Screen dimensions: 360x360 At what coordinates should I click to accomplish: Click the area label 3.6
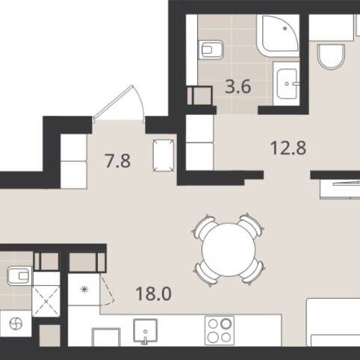tap(238, 87)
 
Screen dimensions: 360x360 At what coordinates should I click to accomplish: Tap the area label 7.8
tap(117, 161)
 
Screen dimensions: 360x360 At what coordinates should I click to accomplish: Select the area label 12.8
tap(288, 148)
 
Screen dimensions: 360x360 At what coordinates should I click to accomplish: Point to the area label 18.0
tap(154, 294)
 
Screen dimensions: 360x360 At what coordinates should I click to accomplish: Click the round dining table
tap(229, 249)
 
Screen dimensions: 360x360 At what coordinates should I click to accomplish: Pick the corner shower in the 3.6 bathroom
tap(278, 36)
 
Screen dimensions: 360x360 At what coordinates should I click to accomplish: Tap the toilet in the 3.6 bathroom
tap(211, 50)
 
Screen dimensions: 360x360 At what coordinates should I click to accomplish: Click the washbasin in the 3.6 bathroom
tap(286, 84)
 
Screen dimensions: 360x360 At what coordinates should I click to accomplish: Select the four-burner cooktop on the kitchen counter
tap(220, 330)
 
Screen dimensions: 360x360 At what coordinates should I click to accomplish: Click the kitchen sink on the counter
tap(145, 331)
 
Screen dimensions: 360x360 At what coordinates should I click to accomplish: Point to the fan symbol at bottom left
tap(16, 324)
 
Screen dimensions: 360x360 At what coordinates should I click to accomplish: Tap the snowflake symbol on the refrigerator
tap(84, 289)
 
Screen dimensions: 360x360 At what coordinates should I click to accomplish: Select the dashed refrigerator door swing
tap(107, 291)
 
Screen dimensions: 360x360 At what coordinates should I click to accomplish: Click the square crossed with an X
tap(46, 302)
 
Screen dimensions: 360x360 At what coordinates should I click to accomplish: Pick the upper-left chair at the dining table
tap(203, 226)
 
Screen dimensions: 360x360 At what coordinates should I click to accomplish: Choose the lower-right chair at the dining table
tap(253, 273)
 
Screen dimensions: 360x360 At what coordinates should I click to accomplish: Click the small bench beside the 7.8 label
tap(164, 155)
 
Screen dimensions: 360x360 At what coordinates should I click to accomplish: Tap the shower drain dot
tap(285, 28)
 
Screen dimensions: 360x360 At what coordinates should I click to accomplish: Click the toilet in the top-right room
tap(332, 57)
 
